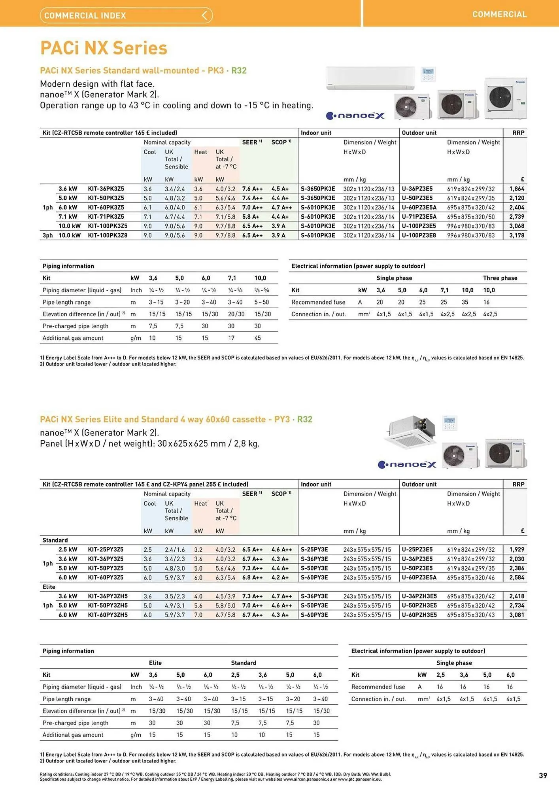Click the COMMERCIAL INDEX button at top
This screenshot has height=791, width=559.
(126, 15)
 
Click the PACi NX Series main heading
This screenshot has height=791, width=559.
(104, 48)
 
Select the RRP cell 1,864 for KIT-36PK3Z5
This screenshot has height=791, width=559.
(516, 189)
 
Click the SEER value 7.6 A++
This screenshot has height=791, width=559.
(252, 189)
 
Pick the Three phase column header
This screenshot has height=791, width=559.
(500, 278)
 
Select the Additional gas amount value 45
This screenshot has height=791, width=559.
(257, 338)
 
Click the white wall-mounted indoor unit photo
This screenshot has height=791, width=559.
(370, 78)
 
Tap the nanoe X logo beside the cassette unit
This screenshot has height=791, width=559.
(407, 464)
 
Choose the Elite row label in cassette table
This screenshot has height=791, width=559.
(49, 587)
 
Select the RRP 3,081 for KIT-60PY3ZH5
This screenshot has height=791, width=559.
(516, 615)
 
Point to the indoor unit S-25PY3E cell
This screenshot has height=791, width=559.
(314, 550)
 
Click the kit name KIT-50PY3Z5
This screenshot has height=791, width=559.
(106, 568)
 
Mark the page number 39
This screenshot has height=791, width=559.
(543, 776)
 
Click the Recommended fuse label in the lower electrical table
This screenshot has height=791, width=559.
(378, 687)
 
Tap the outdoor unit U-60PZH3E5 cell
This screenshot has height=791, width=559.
(419, 615)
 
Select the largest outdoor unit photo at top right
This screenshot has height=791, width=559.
(505, 98)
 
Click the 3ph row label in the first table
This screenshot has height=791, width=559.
(47, 235)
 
